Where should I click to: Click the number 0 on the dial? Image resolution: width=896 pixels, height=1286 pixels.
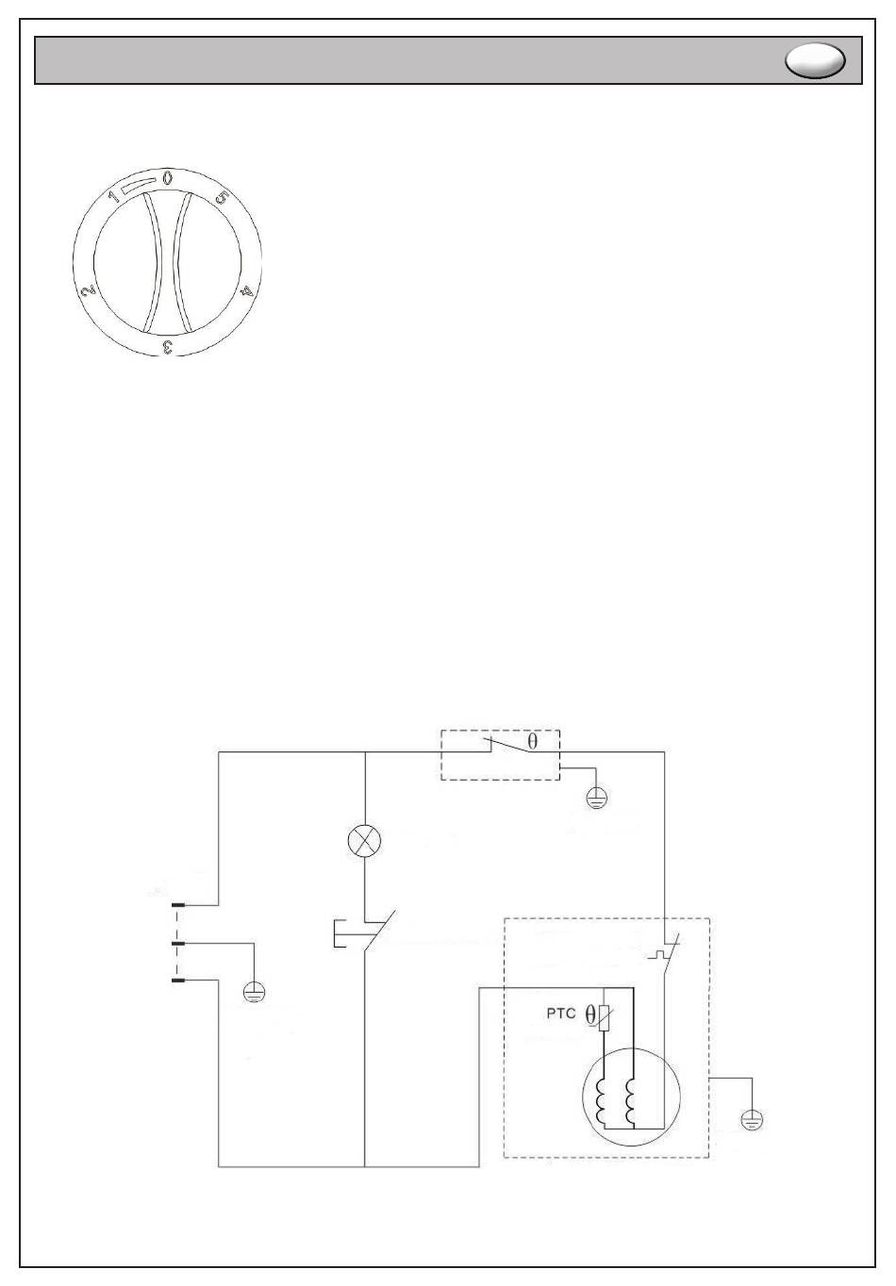(167, 178)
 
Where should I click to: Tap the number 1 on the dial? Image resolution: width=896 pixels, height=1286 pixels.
(113, 197)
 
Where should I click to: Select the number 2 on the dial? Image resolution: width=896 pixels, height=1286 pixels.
(89, 291)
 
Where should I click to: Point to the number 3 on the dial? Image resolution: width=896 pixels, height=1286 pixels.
(168, 346)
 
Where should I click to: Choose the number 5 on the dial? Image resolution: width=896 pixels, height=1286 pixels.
(222, 197)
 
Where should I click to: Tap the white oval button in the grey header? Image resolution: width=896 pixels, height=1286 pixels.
(815, 60)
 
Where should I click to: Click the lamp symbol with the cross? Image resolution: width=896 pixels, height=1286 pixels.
(364, 842)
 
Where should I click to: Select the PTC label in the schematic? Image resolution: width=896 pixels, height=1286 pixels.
(560, 1014)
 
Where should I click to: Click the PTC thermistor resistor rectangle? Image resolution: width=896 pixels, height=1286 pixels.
(604, 1018)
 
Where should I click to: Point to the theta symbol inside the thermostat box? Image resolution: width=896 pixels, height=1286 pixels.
(533, 742)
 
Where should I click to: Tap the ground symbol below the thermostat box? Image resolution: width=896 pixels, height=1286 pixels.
(597, 798)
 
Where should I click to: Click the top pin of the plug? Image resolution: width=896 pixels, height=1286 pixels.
(178, 905)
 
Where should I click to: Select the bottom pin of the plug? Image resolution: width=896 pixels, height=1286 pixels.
(178, 981)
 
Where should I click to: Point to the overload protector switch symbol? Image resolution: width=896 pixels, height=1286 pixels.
(665, 954)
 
